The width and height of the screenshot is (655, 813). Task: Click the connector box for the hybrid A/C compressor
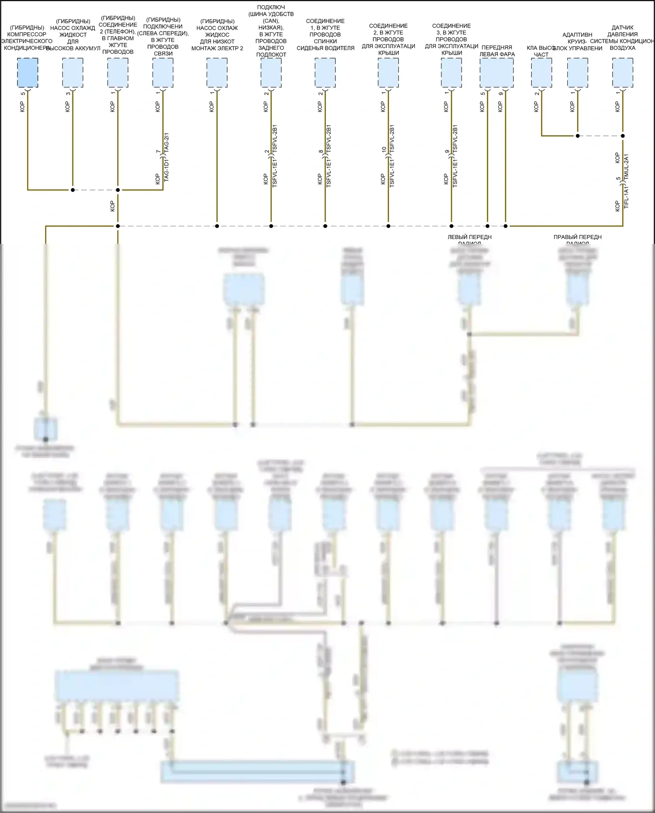click(x=28, y=73)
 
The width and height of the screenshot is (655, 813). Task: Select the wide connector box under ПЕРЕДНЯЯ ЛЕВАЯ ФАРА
click(x=496, y=73)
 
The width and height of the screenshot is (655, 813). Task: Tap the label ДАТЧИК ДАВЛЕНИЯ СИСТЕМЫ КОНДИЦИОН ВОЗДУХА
click(x=622, y=38)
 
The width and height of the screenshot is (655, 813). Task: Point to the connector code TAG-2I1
click(x=166, y=142)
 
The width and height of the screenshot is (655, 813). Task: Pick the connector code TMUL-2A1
click(x=626, y=166)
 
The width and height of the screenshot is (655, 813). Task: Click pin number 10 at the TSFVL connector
click(x=384, y=149)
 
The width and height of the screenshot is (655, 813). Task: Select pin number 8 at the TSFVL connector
click(x=321, y=152)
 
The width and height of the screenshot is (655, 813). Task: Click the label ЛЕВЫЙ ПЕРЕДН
click(x=469, y=237)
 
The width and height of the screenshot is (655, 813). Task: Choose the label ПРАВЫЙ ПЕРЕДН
click(x=577, y=237)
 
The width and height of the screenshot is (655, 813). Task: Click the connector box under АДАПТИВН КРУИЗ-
click(x=577, y=73)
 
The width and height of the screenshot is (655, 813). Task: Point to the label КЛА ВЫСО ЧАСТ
click(x=541, y=51)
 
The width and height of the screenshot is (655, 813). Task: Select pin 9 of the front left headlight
click(x=501, y=93)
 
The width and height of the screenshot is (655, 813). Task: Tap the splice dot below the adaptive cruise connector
click(x=577, y=136)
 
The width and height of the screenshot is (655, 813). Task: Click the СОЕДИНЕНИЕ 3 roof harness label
click(x=451, y=39)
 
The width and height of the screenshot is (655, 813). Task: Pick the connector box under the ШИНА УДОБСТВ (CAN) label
click(x=271, y=73)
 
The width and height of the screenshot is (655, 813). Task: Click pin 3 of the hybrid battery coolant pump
click(x=68, y=93)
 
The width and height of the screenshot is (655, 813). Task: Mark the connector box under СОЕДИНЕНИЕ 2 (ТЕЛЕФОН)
click(x=118, y=73)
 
